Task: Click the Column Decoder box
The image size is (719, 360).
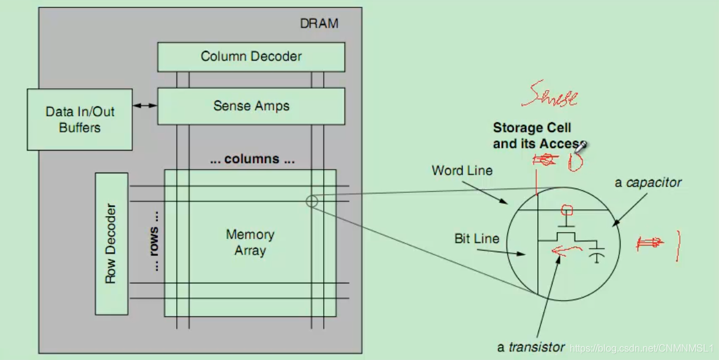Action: (x=251, y=57)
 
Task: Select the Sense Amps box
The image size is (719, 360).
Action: (x=251, y=106)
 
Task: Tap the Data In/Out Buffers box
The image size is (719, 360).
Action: (x=80, y=119)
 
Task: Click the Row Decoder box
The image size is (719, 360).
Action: (x=111, y=243)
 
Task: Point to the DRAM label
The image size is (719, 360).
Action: (x=319, y=24)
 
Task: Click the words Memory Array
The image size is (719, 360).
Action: (x=250, y=242)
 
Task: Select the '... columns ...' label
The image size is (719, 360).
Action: (x=251, y=160)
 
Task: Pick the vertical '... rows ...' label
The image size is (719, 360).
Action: (x=155, y=241)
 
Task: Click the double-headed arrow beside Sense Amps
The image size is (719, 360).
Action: (x=145, y=106)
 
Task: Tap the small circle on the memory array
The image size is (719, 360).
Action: (x=311, y=201)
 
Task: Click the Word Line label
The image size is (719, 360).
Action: (x=462, y=171)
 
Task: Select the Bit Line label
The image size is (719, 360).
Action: (x=477, y=239)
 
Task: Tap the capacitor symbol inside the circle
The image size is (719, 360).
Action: (x=595, y=254)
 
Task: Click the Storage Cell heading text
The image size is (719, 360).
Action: (x=532, y=128)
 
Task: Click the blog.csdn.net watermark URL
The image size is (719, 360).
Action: (x=642, y=348)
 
